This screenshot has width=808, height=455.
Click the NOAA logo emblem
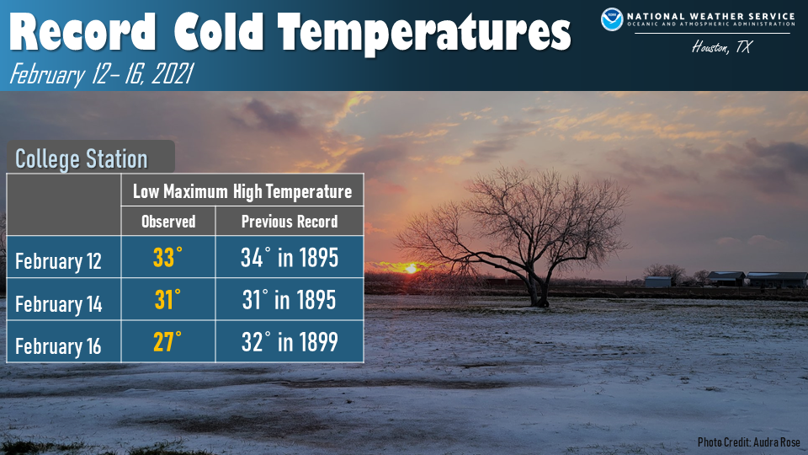click(612, 19)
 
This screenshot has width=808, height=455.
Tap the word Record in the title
click(82, 32)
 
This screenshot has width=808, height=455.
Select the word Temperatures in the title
click(424, 34)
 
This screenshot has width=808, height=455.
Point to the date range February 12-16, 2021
click(102, 74)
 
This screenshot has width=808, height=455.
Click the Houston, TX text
click(721, 47)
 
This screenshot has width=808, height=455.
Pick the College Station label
click(82, 158)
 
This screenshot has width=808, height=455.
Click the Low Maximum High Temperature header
click(242, 191)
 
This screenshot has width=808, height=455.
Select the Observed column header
click(168, 222)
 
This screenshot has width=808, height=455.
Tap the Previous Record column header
click(290, 222)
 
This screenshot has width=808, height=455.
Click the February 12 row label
click(58, 261)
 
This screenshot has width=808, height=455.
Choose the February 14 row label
click(58, 304)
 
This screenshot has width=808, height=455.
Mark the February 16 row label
click(58, 346)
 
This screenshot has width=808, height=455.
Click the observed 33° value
click(167, 257)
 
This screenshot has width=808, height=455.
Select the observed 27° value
click(167, 341)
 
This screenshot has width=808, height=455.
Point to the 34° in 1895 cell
click(290, 258)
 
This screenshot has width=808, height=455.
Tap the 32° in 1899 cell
click(290, 342)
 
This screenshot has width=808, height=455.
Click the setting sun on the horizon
click(411, 269)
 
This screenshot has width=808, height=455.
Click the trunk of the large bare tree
click(538, 290)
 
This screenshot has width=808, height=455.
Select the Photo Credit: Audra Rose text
click(749, 442)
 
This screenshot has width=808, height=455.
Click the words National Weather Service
click(711, 16)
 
